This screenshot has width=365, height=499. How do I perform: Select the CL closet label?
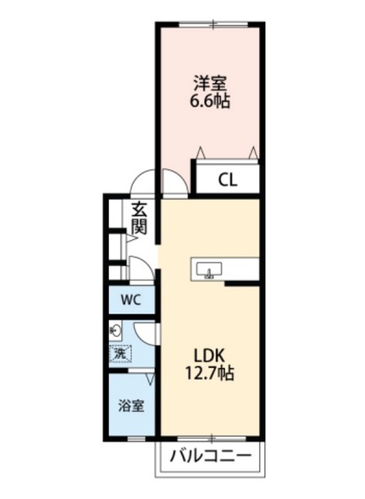tap(227, 181)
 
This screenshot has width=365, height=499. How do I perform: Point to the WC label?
tap(131, 299)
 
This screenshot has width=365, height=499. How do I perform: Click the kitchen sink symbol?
tap(209, 270)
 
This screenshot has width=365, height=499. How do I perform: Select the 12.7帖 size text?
tap(209, 373)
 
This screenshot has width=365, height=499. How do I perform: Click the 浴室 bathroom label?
tap(130, 405)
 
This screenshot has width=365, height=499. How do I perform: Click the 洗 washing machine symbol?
tap(121, 353)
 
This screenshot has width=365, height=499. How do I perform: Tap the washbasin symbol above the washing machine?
tap(117, 329)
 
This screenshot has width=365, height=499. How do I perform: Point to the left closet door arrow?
tap(201, 151)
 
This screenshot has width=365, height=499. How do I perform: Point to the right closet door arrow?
tap(253, 151)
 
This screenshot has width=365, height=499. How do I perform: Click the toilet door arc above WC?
tap(142, 271)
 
